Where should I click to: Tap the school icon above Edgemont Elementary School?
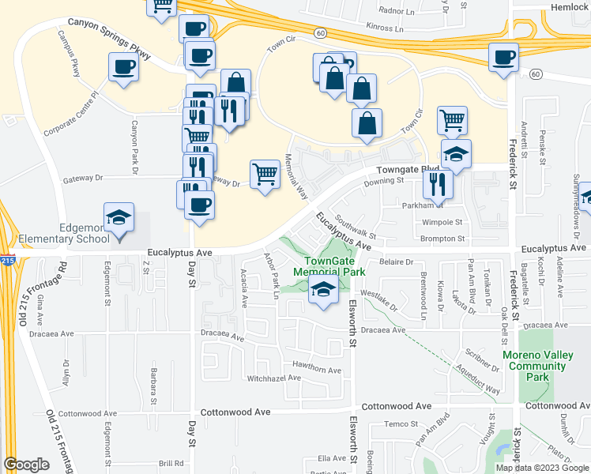pos(119,217)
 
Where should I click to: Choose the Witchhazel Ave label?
pos(273,378)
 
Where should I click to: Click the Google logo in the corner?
pos(26,464)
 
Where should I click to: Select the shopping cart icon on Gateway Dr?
pos(265,174)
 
